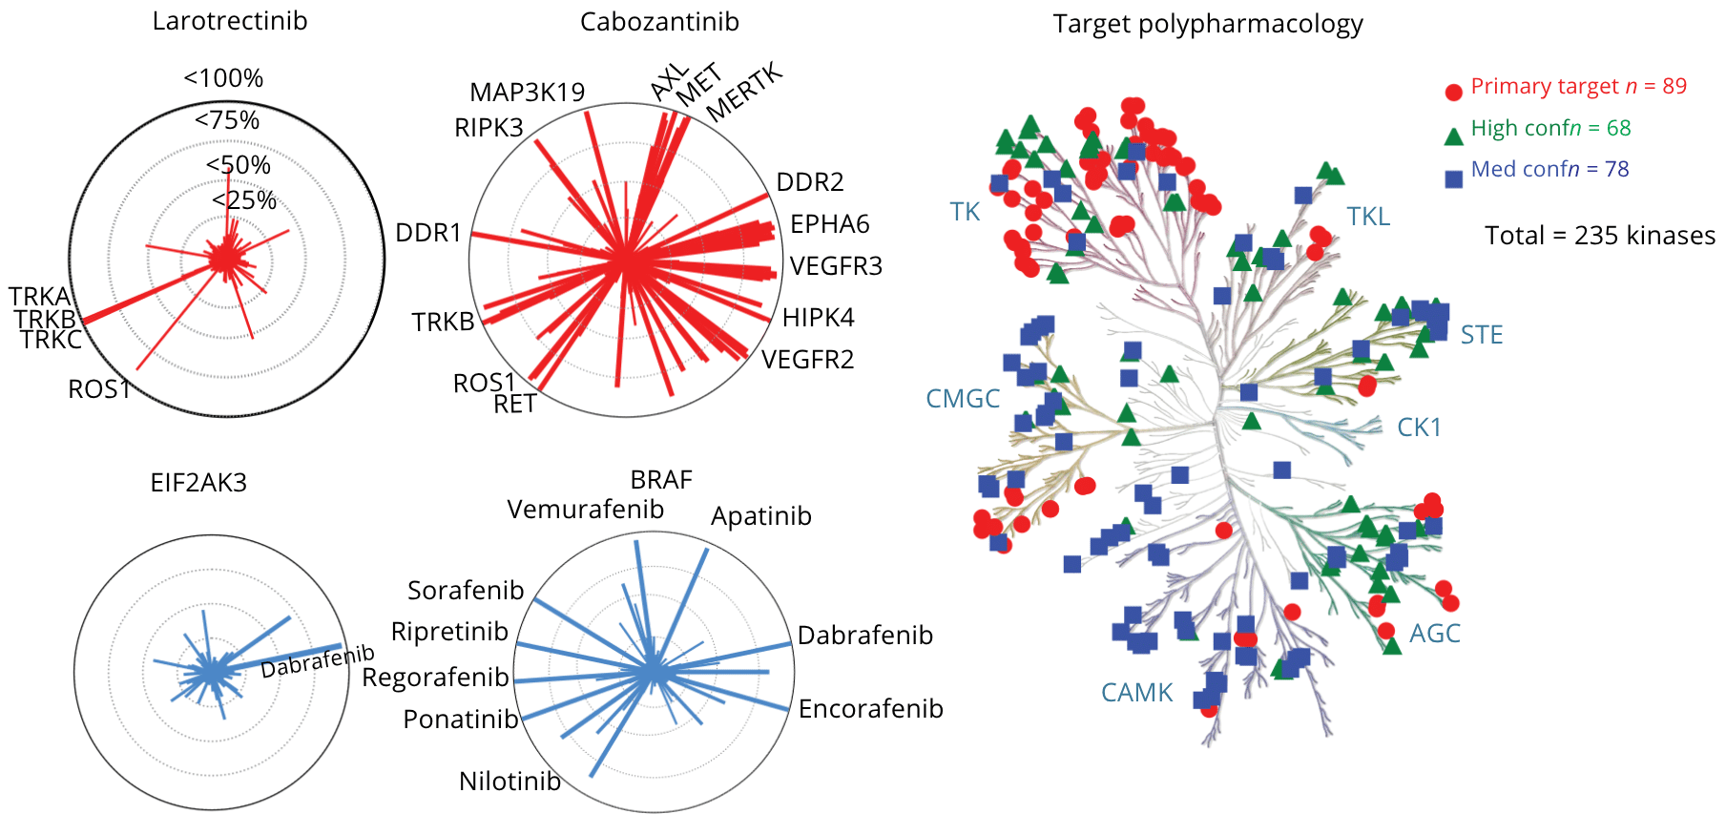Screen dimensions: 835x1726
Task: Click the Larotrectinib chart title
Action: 229,21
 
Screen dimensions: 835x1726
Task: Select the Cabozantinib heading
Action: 659,22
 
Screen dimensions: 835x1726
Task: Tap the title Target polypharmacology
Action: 1207,24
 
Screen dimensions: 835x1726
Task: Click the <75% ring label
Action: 227,120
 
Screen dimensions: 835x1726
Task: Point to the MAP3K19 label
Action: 527,93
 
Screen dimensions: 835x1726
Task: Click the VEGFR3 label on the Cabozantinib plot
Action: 836,266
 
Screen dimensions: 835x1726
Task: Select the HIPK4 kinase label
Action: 818,318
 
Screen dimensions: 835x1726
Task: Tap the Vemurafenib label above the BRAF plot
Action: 585,510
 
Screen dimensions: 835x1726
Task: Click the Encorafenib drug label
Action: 870,709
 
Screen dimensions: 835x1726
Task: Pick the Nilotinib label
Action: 509,782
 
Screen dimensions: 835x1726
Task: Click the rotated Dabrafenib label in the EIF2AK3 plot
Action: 317,660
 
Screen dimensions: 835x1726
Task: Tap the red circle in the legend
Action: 1453,93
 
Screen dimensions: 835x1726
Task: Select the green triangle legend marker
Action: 1453,136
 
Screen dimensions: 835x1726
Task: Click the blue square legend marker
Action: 1453,178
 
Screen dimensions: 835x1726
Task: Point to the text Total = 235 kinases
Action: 1599,236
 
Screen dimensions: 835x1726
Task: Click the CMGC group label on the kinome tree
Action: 963,399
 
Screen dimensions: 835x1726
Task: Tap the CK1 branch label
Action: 1419,428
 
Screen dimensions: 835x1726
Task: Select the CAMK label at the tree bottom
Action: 1136,693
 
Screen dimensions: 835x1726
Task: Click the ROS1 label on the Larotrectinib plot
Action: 98,389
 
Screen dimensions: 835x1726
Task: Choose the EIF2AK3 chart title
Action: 198,483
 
